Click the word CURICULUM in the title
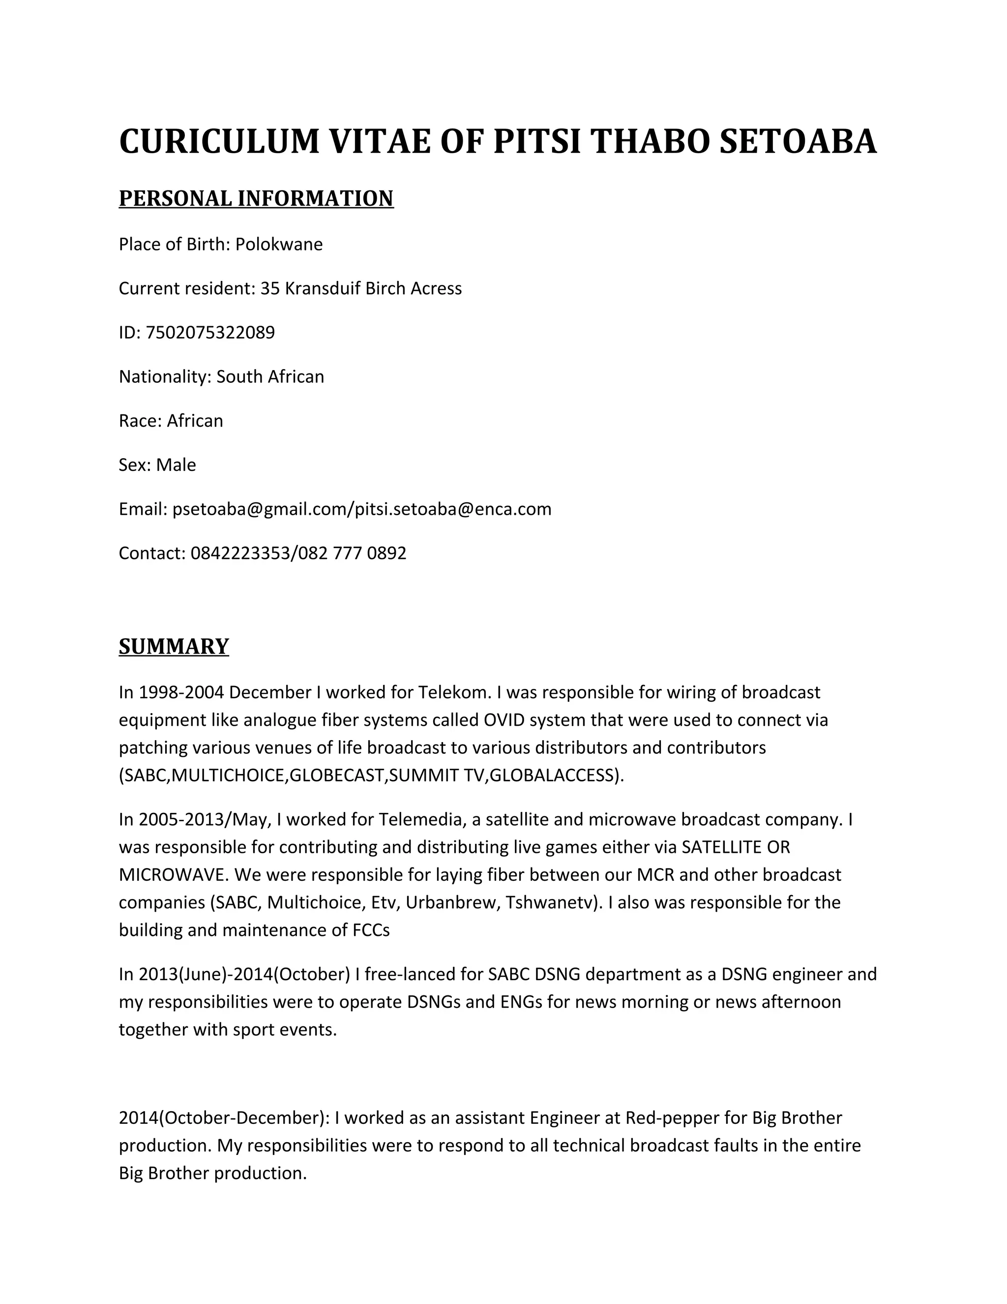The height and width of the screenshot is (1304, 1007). pyautogui.click(x=219, y=142)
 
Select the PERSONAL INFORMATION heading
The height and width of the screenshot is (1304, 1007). pyautogui.click(x=256, y=198)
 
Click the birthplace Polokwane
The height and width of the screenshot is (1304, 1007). pyautogui.click(x=279, y=244)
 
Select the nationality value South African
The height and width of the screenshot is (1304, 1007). pyautogui.click(x=270, y=377)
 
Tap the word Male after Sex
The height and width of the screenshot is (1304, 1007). pyautogui.click(x=176, y=465)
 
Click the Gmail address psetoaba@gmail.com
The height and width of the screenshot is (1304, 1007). pyautogui.click(x=259, y=509)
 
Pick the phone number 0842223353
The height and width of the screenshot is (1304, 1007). pyautogui.click(x=239, y=554)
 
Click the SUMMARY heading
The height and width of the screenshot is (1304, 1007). pyautogui.click(x=174, y=647)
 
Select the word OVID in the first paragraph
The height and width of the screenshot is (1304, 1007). pyautogui.click(x=500, y=720)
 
